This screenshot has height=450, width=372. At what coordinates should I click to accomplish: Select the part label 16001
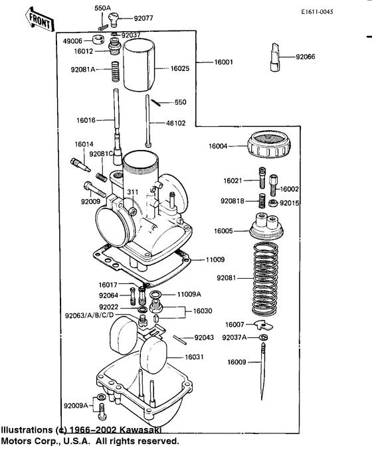[223, 62]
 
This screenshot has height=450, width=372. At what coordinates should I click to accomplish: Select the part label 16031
[194, 357]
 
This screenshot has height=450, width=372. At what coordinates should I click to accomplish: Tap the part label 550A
[102, 8]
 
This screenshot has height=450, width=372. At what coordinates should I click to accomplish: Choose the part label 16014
[84, 144]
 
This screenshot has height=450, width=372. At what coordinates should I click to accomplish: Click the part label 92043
[204, 338]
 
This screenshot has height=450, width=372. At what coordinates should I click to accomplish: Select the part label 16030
[203, 311]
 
